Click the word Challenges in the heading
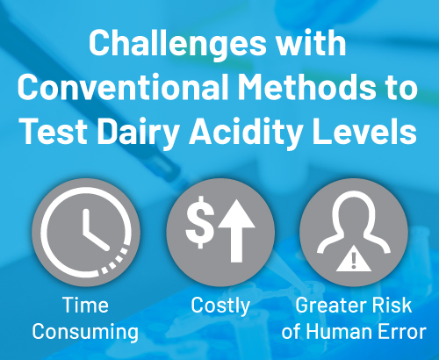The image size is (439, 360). click(177, 44)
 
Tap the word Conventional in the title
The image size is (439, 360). click(123, 87)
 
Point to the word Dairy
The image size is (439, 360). click(138, 132)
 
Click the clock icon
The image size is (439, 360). click(86, 233)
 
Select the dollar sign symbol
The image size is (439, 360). click(200, 222)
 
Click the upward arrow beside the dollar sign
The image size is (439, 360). click(236, 231)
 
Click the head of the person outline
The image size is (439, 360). click(354, 212)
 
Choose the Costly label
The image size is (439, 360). click(220, 306)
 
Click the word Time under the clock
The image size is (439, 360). click(85, 305)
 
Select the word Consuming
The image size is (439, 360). click(85, 332)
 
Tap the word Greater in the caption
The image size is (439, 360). click(329, 306)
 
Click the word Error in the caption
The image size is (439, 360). click(402, 332)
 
